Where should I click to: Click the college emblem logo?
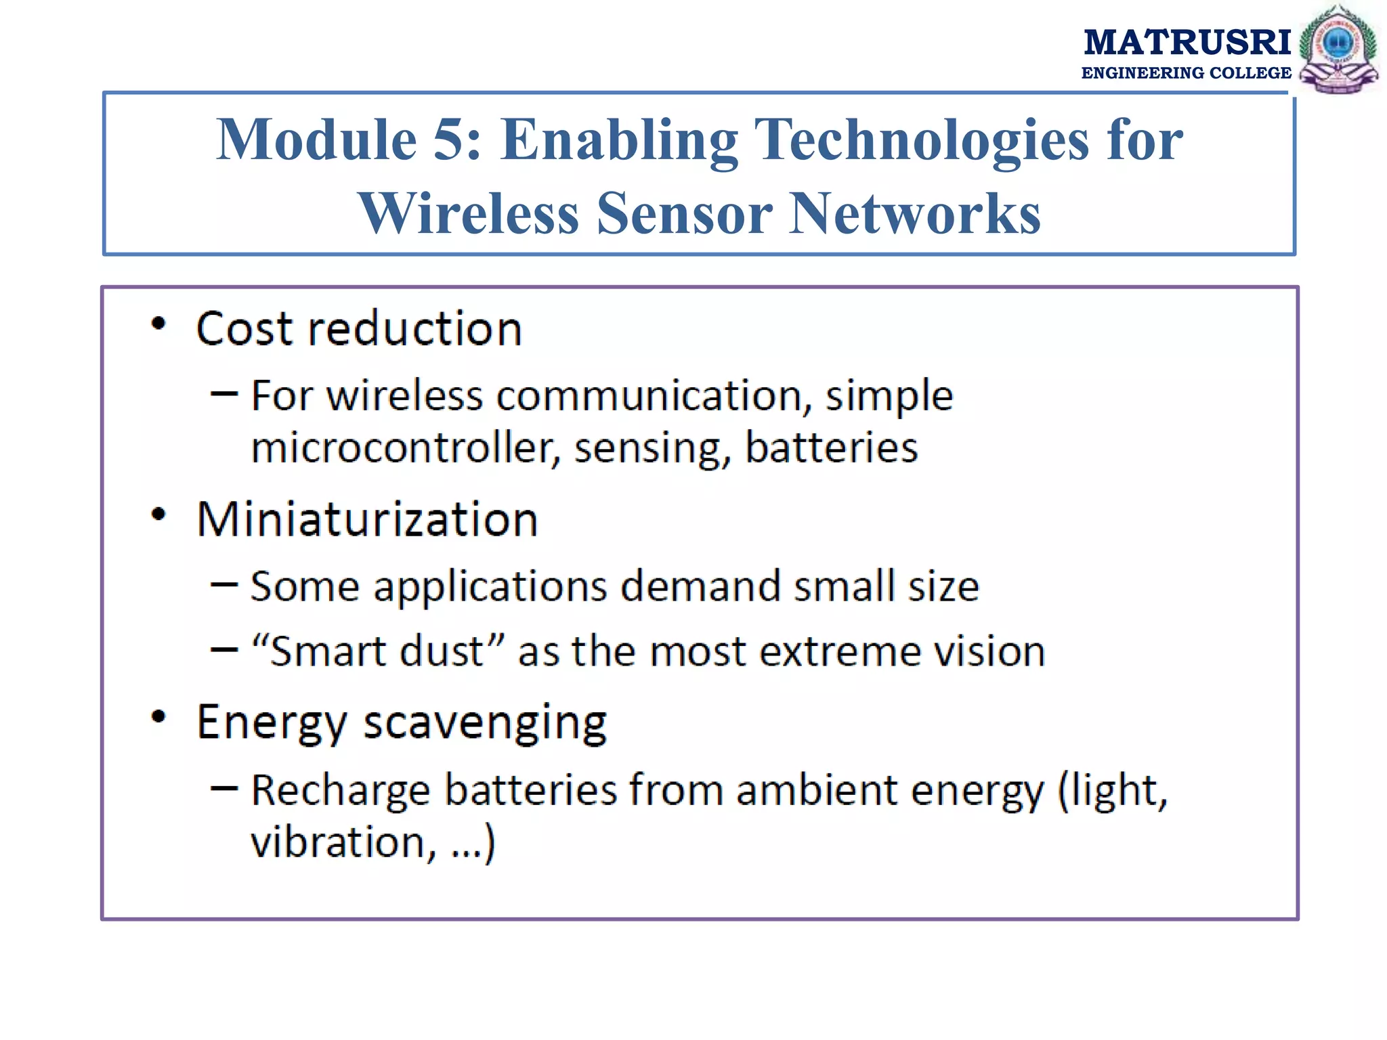pos(1338,49)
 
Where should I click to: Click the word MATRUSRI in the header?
pos(1187,43)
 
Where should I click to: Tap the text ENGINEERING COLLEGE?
pos(1186,73)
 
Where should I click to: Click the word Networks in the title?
pos(915,213)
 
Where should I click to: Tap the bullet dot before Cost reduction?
pos(158,324)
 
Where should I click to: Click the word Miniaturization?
pos(367,520)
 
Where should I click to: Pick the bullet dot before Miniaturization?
pos(158,515)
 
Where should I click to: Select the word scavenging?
pos(485,723)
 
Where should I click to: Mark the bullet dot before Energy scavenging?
pos(158,716)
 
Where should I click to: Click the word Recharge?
pos(340,791)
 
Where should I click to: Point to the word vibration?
pos(338,842)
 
